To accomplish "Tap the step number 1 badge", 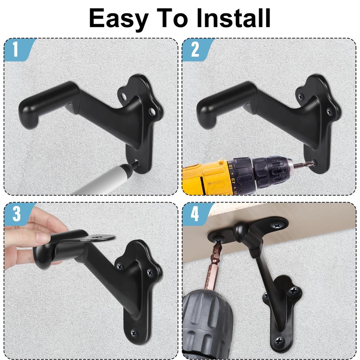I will pyautogui.click(x=15, y=50).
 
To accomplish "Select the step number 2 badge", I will pyautogui.click(x=195, y=50).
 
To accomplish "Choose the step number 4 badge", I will pyautogui.click(x=195, y=214).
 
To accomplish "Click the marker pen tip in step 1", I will pyautogui.click(x=135, y=164).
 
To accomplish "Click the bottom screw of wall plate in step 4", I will pyautogui.click(x=280, y=340).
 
